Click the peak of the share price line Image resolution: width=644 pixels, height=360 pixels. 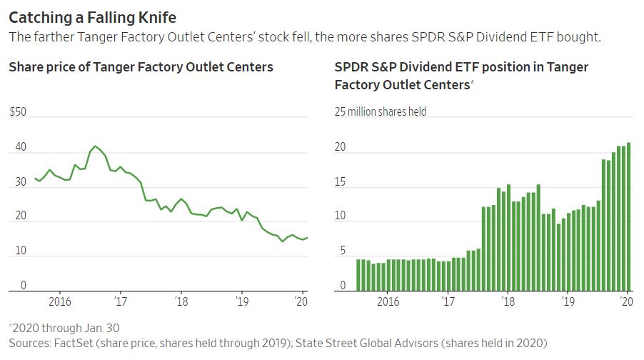click(x=96, y=146)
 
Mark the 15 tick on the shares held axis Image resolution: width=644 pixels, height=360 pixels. click(x=342, y=182)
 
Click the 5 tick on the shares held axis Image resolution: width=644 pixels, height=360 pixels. click(x=342, y=251)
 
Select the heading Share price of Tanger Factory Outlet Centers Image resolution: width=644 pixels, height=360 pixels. click(x=141, y=68)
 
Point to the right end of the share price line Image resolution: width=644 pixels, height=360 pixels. click(x=307, y=238)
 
